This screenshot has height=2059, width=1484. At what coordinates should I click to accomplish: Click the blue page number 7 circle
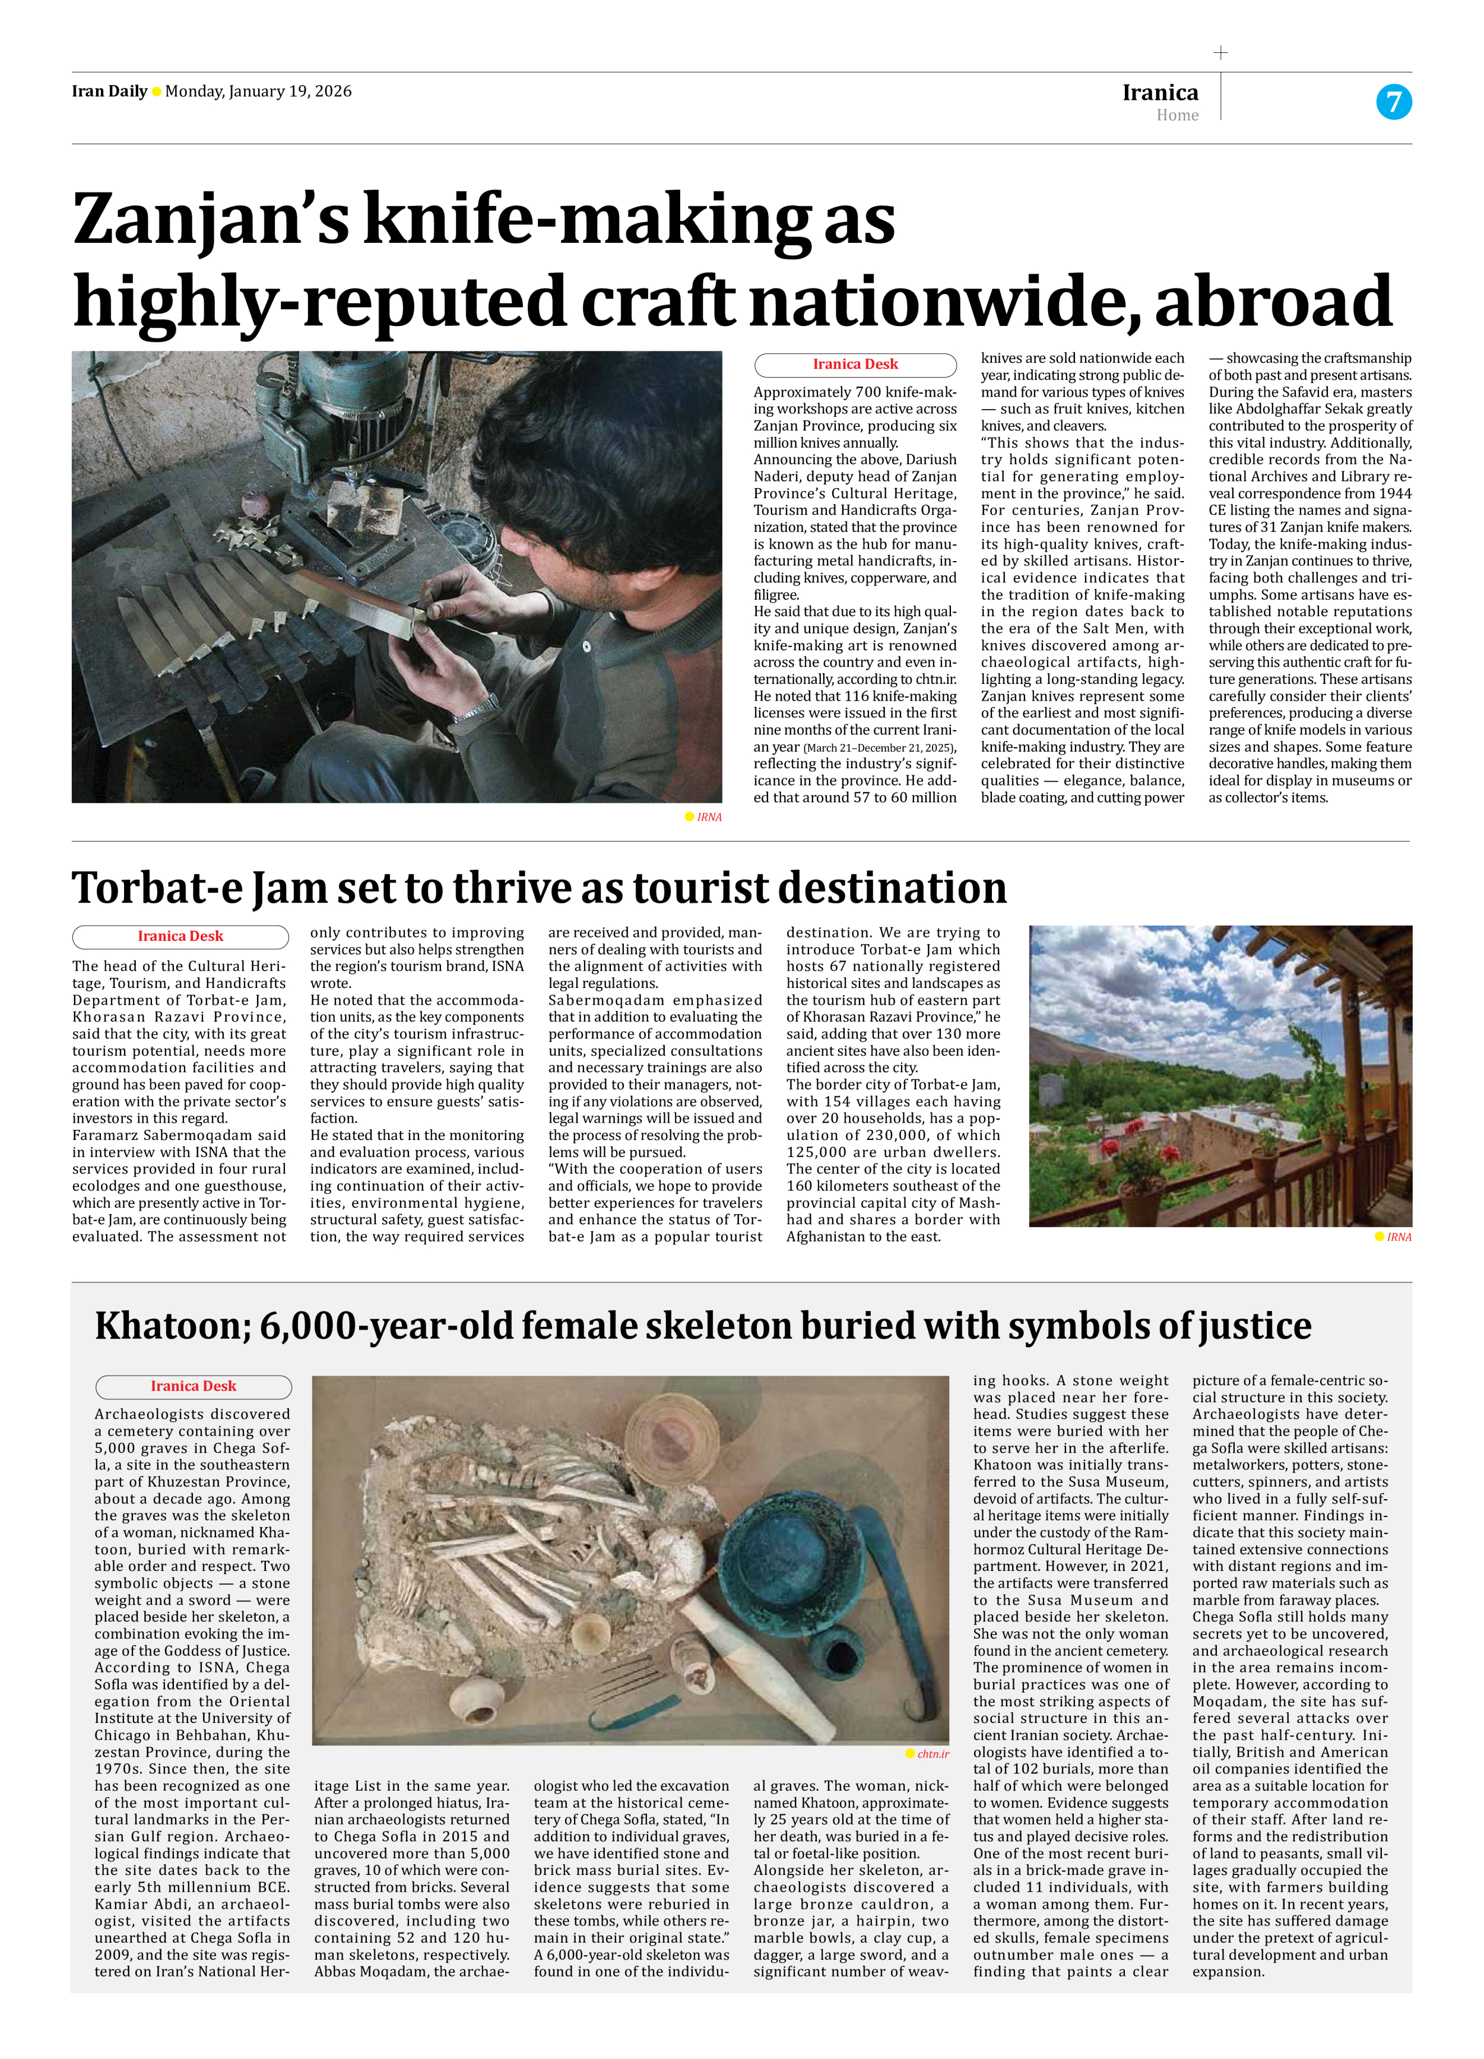pos(1393,102)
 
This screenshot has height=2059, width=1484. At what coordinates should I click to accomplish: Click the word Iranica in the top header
pos(1160,93)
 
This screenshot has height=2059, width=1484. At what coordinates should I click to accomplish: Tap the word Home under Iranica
pos(1177,115)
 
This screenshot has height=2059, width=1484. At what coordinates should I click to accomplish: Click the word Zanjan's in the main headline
pos(211,221)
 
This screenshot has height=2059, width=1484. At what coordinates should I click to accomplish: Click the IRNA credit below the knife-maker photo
pos(709,817)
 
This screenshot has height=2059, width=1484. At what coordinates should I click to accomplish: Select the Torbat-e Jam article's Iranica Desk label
pos(180,936)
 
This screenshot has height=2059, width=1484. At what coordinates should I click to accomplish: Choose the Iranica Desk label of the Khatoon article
pos(194,1386)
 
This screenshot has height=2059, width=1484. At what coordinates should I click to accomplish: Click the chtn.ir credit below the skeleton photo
pos(932,1754)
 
